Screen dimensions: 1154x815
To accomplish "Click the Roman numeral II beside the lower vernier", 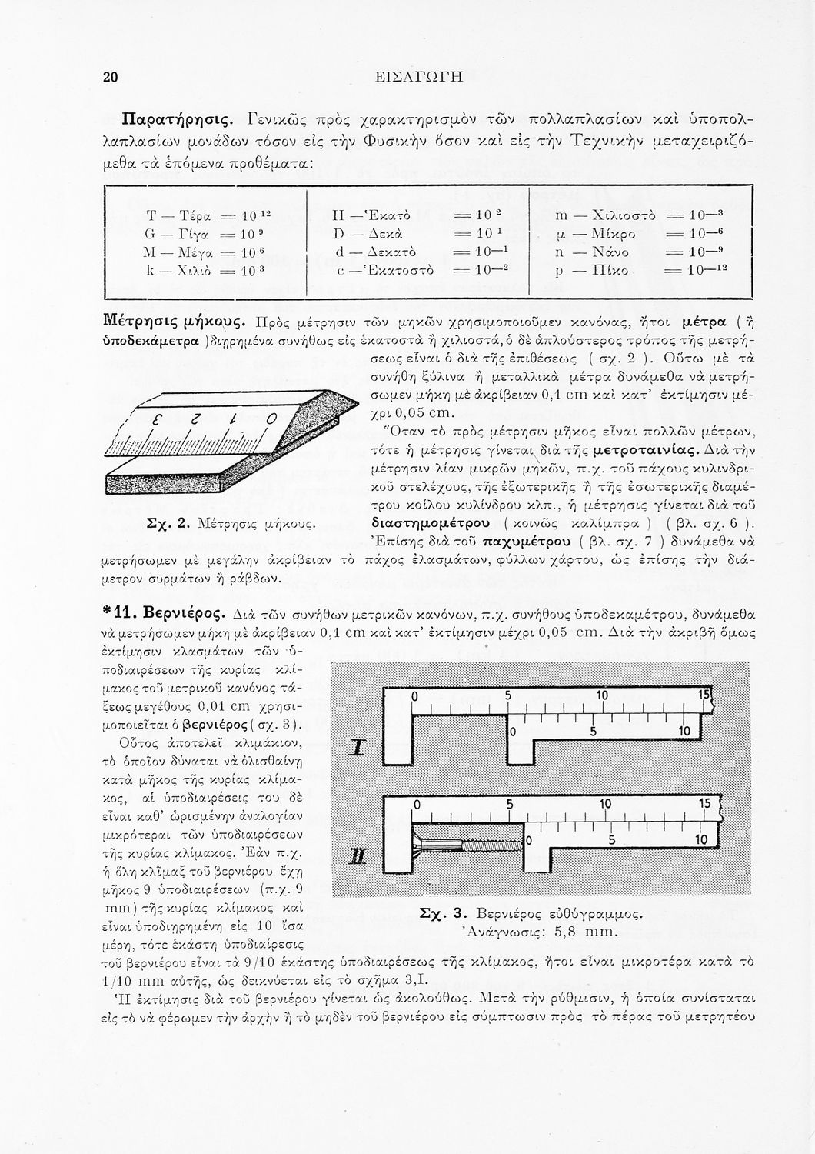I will click(357, 856).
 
